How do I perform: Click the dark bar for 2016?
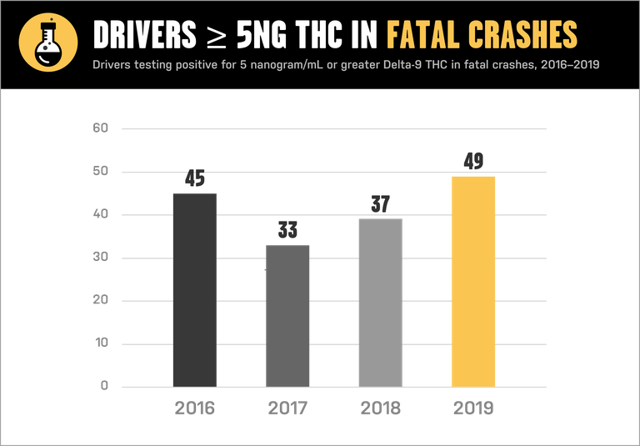194,289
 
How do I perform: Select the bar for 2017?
287,315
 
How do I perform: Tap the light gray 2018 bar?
381,302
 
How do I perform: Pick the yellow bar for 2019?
473,281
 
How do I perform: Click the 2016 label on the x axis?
194,408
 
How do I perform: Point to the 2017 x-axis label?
287,408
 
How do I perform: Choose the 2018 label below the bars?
381,408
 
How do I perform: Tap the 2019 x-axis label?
473,408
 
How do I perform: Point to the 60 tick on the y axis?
101,128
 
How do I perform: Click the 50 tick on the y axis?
101,172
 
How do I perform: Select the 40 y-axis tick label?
101,214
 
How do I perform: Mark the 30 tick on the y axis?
101,258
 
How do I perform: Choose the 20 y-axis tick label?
101,300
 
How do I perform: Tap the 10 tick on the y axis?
101,343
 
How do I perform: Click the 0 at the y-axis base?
105,386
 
